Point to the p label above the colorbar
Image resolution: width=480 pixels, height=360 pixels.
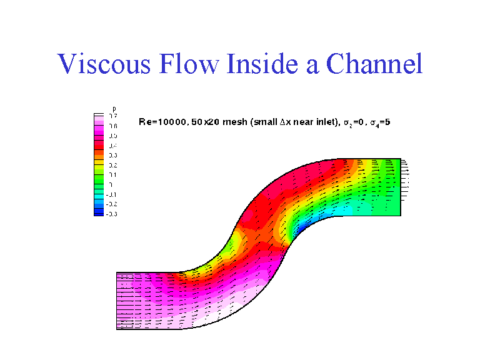(114, 109)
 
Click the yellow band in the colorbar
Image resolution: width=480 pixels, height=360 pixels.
(98, 164)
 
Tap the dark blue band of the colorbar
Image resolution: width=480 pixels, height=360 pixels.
(98, 213)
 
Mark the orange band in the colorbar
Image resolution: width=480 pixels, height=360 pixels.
(98, 154)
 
